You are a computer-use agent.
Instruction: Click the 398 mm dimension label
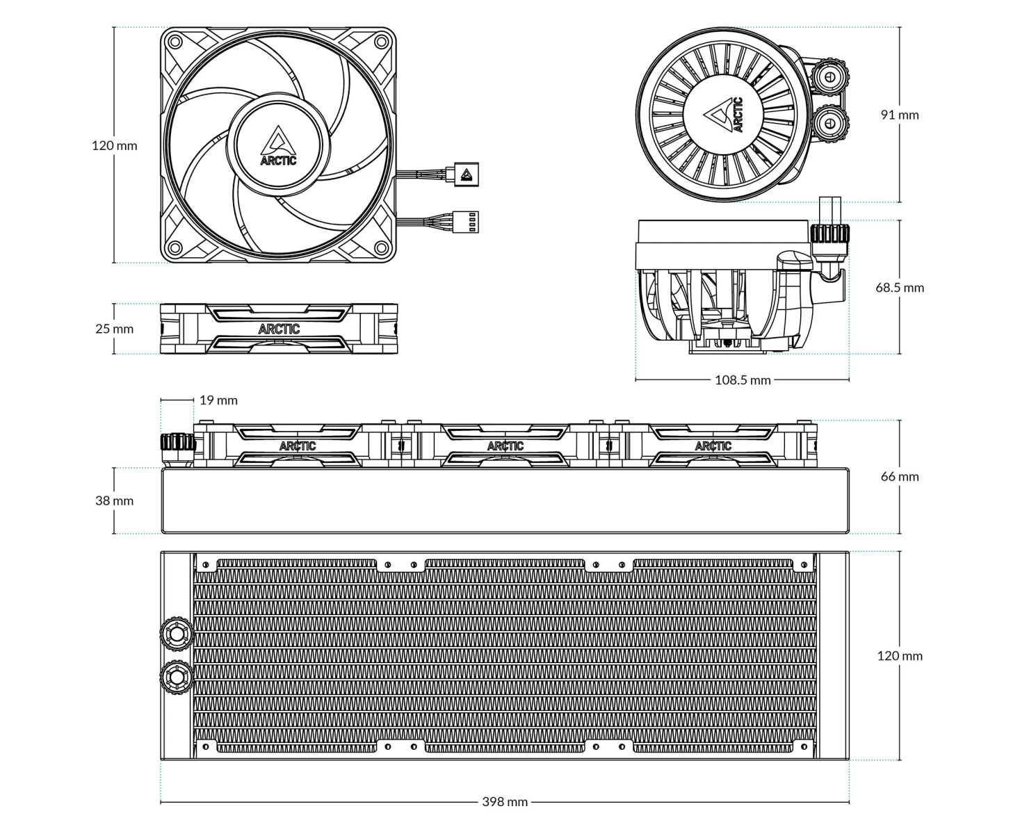click(505, 801)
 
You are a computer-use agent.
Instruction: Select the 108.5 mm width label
click(743, 379)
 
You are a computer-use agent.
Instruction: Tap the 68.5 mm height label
click(900, 288)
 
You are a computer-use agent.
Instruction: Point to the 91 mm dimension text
click(900, 115)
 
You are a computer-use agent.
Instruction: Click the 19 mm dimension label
click(218, 400)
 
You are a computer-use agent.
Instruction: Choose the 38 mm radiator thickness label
click(114, 500)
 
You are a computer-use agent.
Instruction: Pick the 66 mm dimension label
click(900, 476)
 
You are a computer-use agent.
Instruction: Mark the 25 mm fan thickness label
click(114, 329)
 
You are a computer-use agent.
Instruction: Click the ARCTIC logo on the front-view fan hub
click(279, 147)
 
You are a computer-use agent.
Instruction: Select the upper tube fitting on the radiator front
click(176, 634)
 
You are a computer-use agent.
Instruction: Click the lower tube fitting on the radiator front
click(176, 676)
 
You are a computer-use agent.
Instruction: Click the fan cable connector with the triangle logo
click(467, 174)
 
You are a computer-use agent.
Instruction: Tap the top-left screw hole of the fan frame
click(177, 42)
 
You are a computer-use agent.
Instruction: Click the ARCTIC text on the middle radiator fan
click(505, 445)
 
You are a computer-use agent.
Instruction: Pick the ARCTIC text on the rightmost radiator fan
click(713, 445)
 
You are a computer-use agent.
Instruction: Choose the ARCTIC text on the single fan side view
click(279, 329)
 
